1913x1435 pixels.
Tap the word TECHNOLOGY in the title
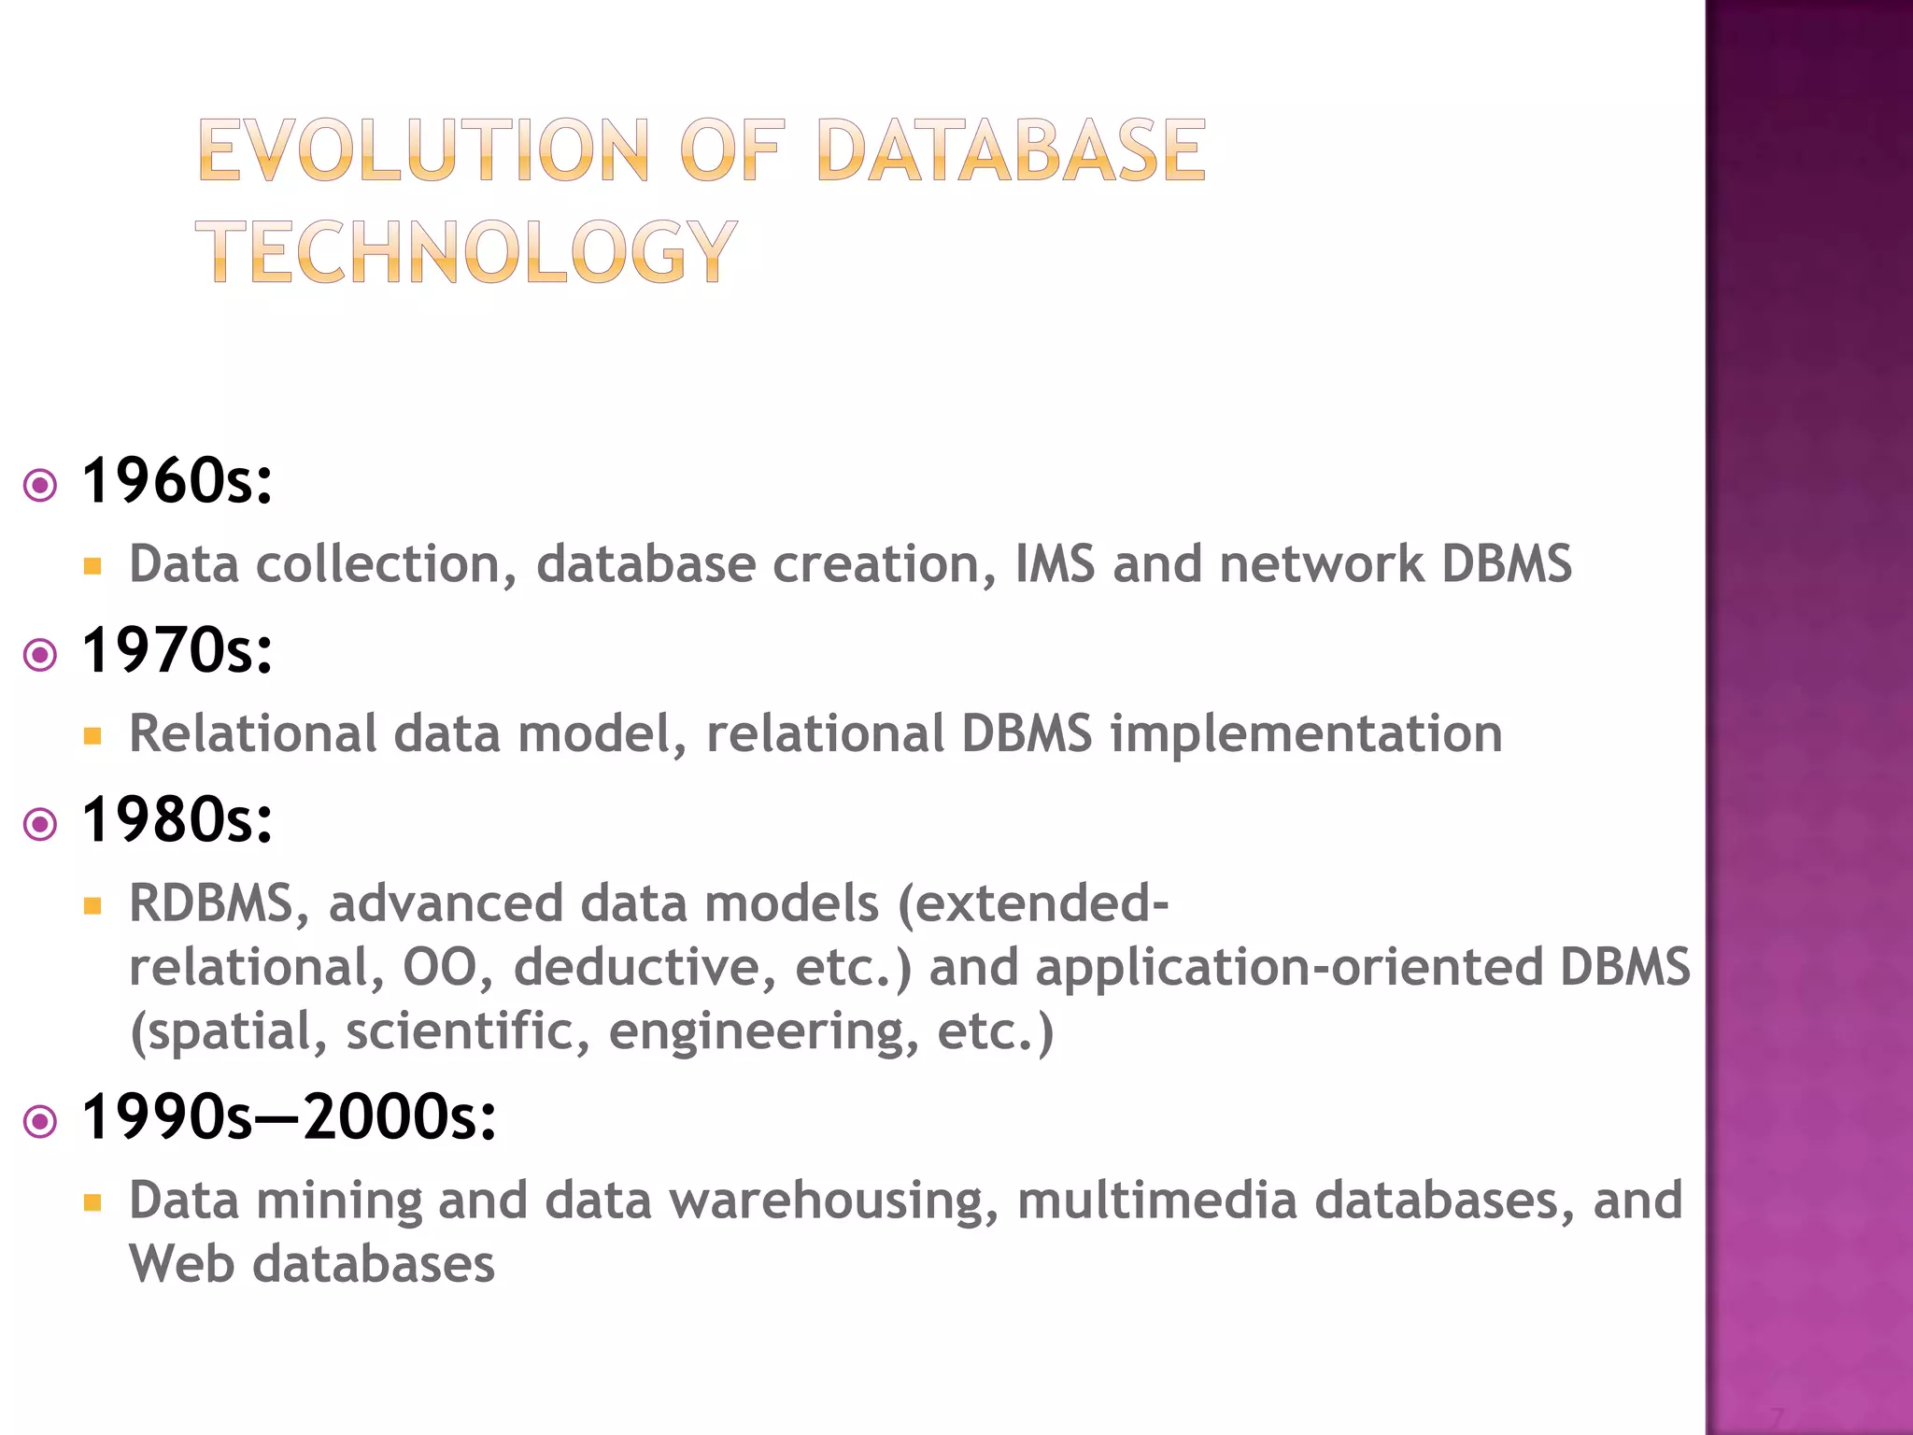tap(466, 251)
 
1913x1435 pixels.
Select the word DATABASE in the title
tap(1011, 150)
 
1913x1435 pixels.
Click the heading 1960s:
tap(177, 482)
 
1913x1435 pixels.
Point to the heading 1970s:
tap(177, 651)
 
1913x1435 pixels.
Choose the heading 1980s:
tap(177, 820)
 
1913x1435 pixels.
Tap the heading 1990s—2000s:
tap(289, 1117)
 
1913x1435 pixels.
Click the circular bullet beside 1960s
tap(40, 486)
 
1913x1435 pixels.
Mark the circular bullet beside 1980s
tap(40, 824)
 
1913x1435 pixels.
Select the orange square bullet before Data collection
tap(92, 566)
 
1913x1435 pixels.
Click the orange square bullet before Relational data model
tap(92, 736)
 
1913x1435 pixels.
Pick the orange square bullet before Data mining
tap(92, 1202)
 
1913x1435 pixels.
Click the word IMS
tap(1055, 564)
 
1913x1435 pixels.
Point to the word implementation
tap(1306, 734)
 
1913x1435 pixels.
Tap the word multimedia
tap(1156, 1201)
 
